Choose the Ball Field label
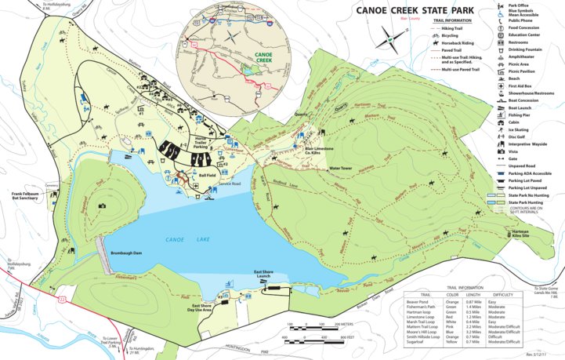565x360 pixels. pyautogui.click(x=207, y=175)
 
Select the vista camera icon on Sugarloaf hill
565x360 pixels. pyautogui.click(x=102, y=206)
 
